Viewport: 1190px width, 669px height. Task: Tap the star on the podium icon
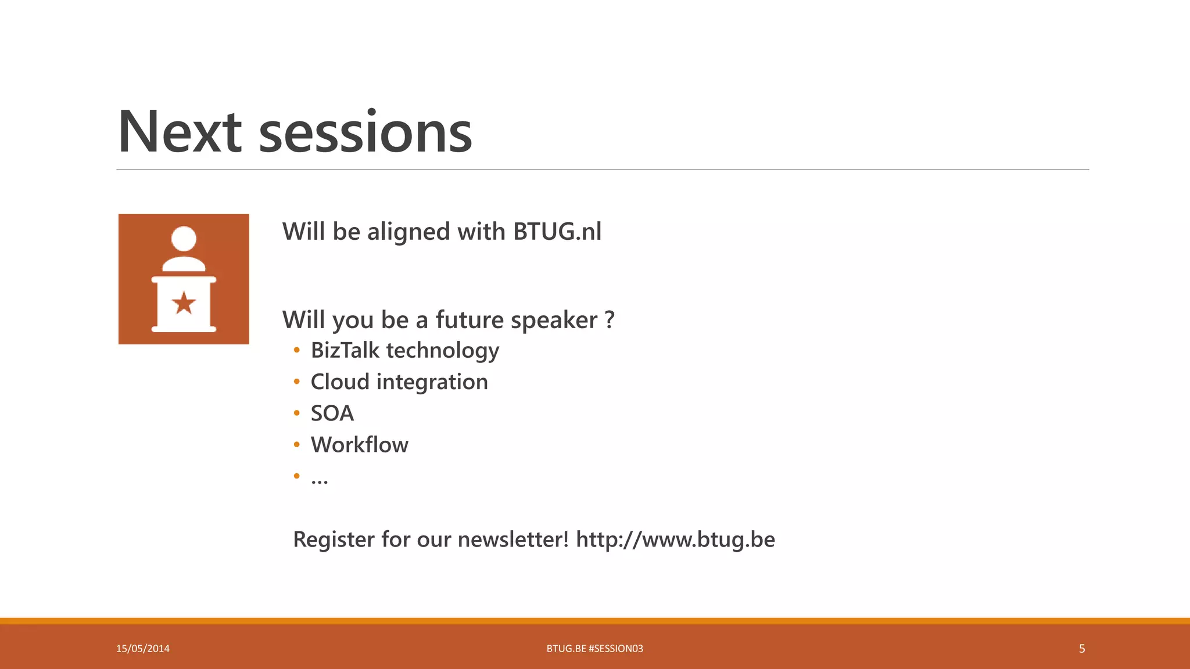coord(184,303)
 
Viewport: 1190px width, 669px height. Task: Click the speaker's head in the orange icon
coord(184,239)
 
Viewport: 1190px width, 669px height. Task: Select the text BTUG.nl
coord(557,232)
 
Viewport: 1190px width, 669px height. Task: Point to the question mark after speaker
coord(609,319)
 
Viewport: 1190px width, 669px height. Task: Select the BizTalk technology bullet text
coord(404,351)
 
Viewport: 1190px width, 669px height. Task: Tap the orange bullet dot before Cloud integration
coord(297,382)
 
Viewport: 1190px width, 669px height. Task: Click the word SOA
coord(332,413)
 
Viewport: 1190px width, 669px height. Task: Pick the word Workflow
coord(359,445)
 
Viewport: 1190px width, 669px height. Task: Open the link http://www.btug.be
coord(675,539)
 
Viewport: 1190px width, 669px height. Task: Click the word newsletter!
coord(513,539)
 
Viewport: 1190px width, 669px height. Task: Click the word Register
coord(334,539)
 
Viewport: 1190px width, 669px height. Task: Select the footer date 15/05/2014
coord(143,649)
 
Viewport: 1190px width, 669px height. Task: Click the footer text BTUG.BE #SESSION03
coord(594,649)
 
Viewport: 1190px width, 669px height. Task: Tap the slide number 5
coord(1081,649)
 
